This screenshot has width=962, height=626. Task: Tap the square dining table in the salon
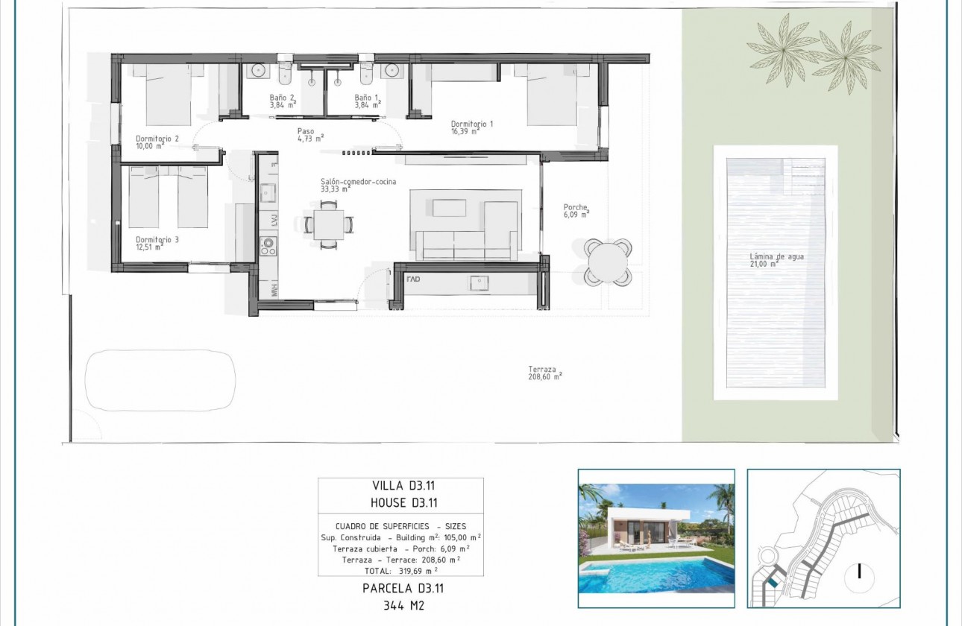329,224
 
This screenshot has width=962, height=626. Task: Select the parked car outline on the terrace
161,380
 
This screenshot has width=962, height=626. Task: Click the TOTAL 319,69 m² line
400,570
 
